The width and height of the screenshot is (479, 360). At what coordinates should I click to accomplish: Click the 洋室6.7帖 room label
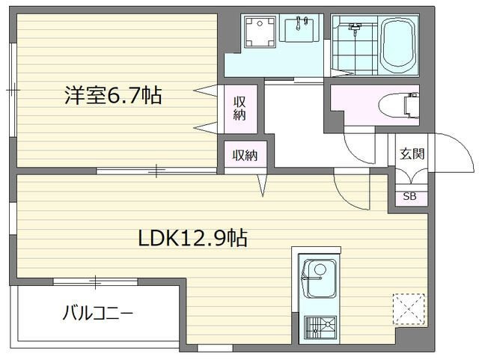click(113, 95)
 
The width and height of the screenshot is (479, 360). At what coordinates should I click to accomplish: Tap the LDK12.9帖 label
click(193, 238)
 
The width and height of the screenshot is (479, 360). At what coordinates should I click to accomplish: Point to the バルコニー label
click(98, 314)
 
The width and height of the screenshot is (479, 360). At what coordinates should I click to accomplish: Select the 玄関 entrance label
click(412, 153)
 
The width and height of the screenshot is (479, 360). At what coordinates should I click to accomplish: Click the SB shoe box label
click(409, 196)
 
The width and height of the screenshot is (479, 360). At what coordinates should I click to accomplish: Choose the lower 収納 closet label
click(245, 156)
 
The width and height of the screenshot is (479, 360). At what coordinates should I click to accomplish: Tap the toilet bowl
click(398, 105)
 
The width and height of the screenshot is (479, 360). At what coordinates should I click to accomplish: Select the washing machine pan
click(260, 32)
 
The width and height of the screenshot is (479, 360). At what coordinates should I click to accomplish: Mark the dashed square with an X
click(409, 309)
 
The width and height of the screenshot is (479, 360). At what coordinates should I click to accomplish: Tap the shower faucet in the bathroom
click(354, 28)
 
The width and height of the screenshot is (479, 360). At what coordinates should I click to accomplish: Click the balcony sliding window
click(95, 281)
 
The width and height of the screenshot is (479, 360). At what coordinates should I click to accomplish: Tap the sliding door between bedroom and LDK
click(156, 171)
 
